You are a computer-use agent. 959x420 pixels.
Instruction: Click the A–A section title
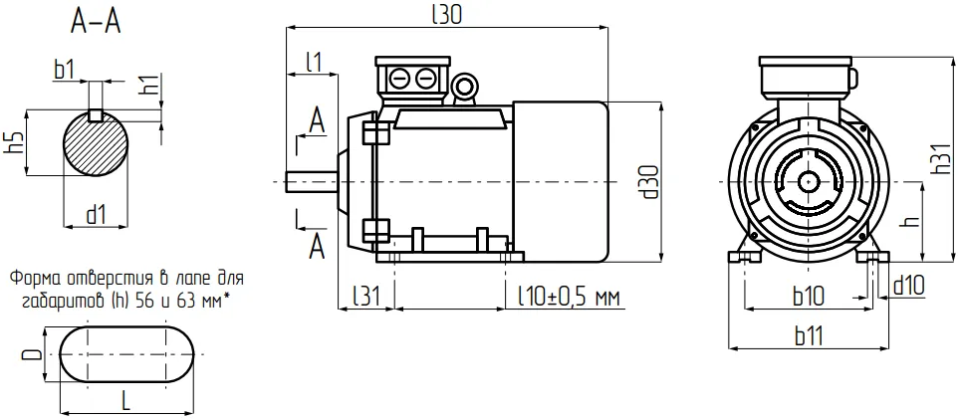coord(97,23)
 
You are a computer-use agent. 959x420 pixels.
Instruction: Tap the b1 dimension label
coord(64,70)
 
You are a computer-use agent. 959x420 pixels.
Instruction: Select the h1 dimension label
coord(149,85)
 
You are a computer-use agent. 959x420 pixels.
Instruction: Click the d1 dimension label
coord(96,214)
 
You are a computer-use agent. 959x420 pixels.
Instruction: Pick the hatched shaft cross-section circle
coord(96,143)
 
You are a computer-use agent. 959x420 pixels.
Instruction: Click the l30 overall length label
coord(446,14)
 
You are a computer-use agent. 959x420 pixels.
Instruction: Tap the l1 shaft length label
coord(314,63)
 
